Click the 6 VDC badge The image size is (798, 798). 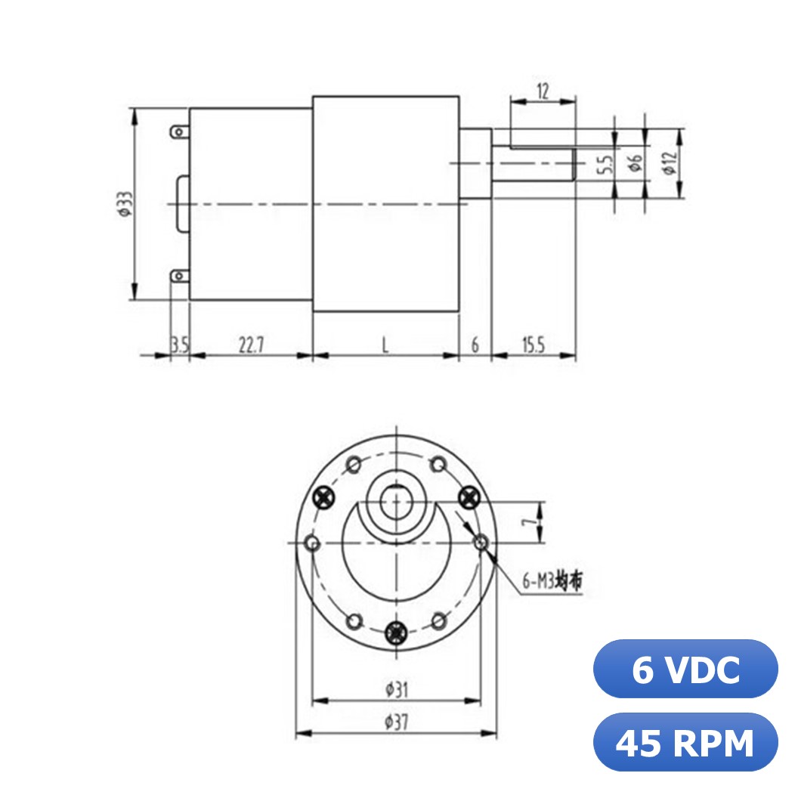[685, 669]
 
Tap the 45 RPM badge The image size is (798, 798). [685, 742]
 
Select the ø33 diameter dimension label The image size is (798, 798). [124, 204]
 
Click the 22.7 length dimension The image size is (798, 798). [251, 345]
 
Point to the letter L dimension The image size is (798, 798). [385, 345]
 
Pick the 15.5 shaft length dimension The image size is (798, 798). [533, 345]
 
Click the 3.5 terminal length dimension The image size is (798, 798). [179, 345]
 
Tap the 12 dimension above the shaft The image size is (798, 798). [543, 91]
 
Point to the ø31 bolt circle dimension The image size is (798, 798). [397, 689]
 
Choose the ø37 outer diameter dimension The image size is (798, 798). [397, 722]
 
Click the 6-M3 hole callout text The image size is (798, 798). [552, 582]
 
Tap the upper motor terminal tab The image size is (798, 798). [179, 131]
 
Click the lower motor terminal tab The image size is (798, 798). [179, 276]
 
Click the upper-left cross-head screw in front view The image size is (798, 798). [325, 497]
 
